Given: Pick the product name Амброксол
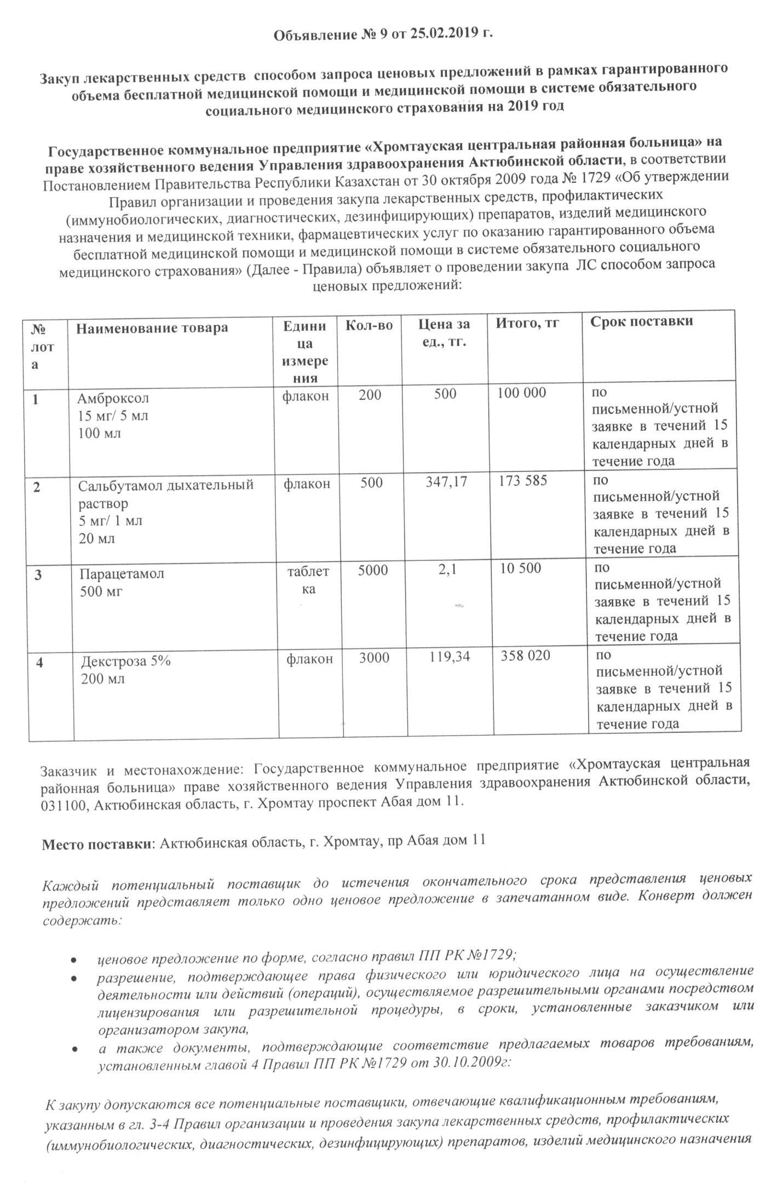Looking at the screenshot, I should [113, 398].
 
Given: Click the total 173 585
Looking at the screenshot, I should [523, 481].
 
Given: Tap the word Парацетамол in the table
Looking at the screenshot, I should [122, 573].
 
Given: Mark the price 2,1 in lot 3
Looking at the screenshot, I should [447, 570].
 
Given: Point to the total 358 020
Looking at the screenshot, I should [526, 656].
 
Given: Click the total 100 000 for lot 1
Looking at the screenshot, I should [522, 393].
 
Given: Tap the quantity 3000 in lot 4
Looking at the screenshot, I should [374, 657].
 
